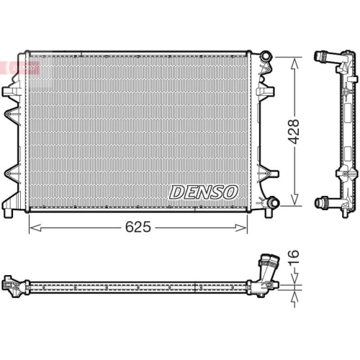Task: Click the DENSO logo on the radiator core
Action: pos(203,192)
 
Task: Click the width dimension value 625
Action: pos(139,227)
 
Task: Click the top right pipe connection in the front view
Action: pos(266,55)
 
